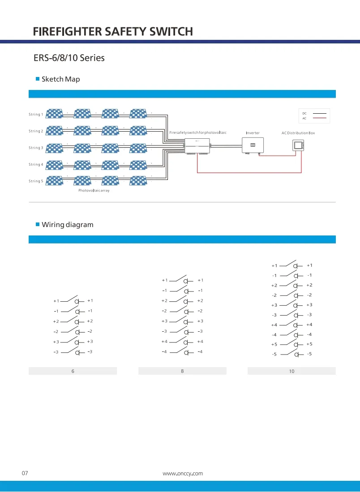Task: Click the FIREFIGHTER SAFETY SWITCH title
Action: (113, 32)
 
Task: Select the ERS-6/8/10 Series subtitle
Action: (69, 58)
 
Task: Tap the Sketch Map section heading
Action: (60, 79)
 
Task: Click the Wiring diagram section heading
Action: (67, 225)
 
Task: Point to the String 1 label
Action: (36, 115)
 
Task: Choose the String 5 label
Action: (36, 181)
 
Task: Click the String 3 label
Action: (36, 148)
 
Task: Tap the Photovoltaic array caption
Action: (94, 191)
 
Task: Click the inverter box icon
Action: (253, 145)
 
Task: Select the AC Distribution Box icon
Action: (298, 145)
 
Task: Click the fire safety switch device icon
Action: (197, 146)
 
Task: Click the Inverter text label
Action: (253, 133)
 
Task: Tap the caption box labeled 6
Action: (73, 371)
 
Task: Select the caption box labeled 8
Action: (182, 371)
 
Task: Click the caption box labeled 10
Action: (291, 371)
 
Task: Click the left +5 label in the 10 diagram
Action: (274, 345)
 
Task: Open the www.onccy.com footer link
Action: (183, 473)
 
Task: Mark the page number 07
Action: (25, 473)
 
